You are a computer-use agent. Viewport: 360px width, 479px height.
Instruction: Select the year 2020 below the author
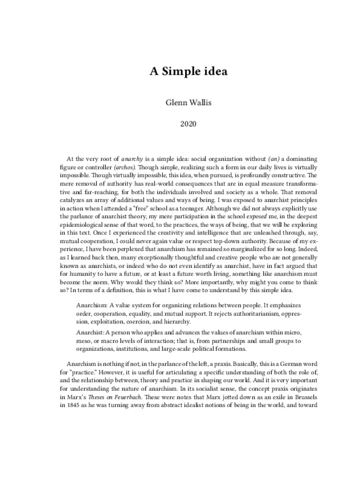point(180,122)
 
